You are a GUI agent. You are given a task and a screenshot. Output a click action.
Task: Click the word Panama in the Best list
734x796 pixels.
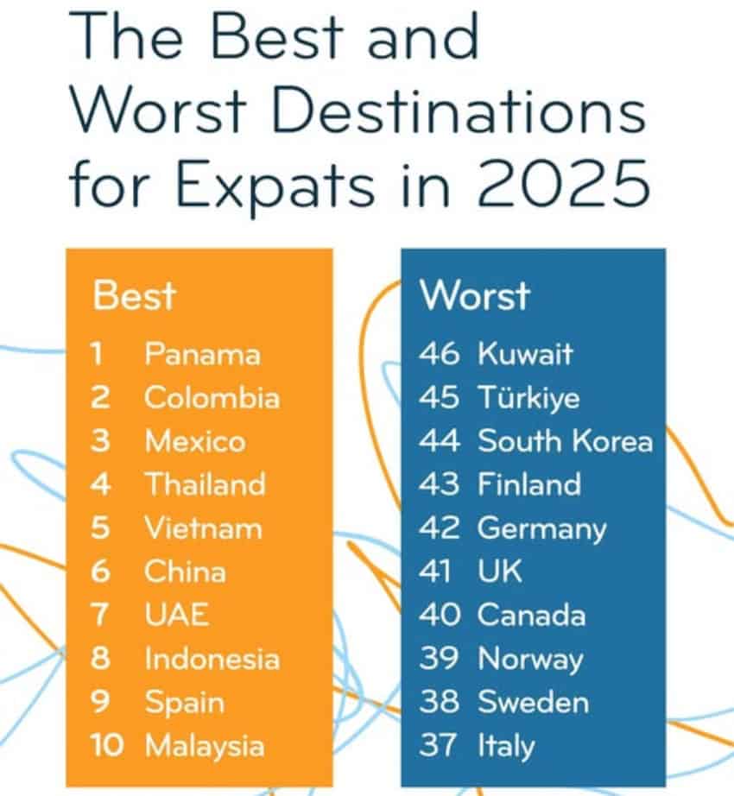202,354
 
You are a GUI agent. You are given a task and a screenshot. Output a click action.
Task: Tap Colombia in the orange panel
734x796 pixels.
212,398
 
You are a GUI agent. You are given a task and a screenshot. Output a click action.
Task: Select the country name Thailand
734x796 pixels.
205,484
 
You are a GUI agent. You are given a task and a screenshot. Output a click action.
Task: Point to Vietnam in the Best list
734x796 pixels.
202,528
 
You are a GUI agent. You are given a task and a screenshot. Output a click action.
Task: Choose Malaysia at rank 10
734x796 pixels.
205,745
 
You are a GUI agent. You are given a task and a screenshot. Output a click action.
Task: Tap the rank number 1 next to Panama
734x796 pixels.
98,354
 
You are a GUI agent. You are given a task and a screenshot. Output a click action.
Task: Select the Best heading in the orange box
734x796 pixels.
133,295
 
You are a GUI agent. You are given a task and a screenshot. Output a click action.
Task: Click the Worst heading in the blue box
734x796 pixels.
474,295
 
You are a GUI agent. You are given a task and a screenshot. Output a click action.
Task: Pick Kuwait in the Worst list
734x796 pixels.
525,354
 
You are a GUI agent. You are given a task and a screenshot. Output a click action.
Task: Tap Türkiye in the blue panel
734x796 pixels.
528,398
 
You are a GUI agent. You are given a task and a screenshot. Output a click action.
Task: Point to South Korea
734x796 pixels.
565,441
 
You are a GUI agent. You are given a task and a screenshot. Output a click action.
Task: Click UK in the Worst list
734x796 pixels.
500,572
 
